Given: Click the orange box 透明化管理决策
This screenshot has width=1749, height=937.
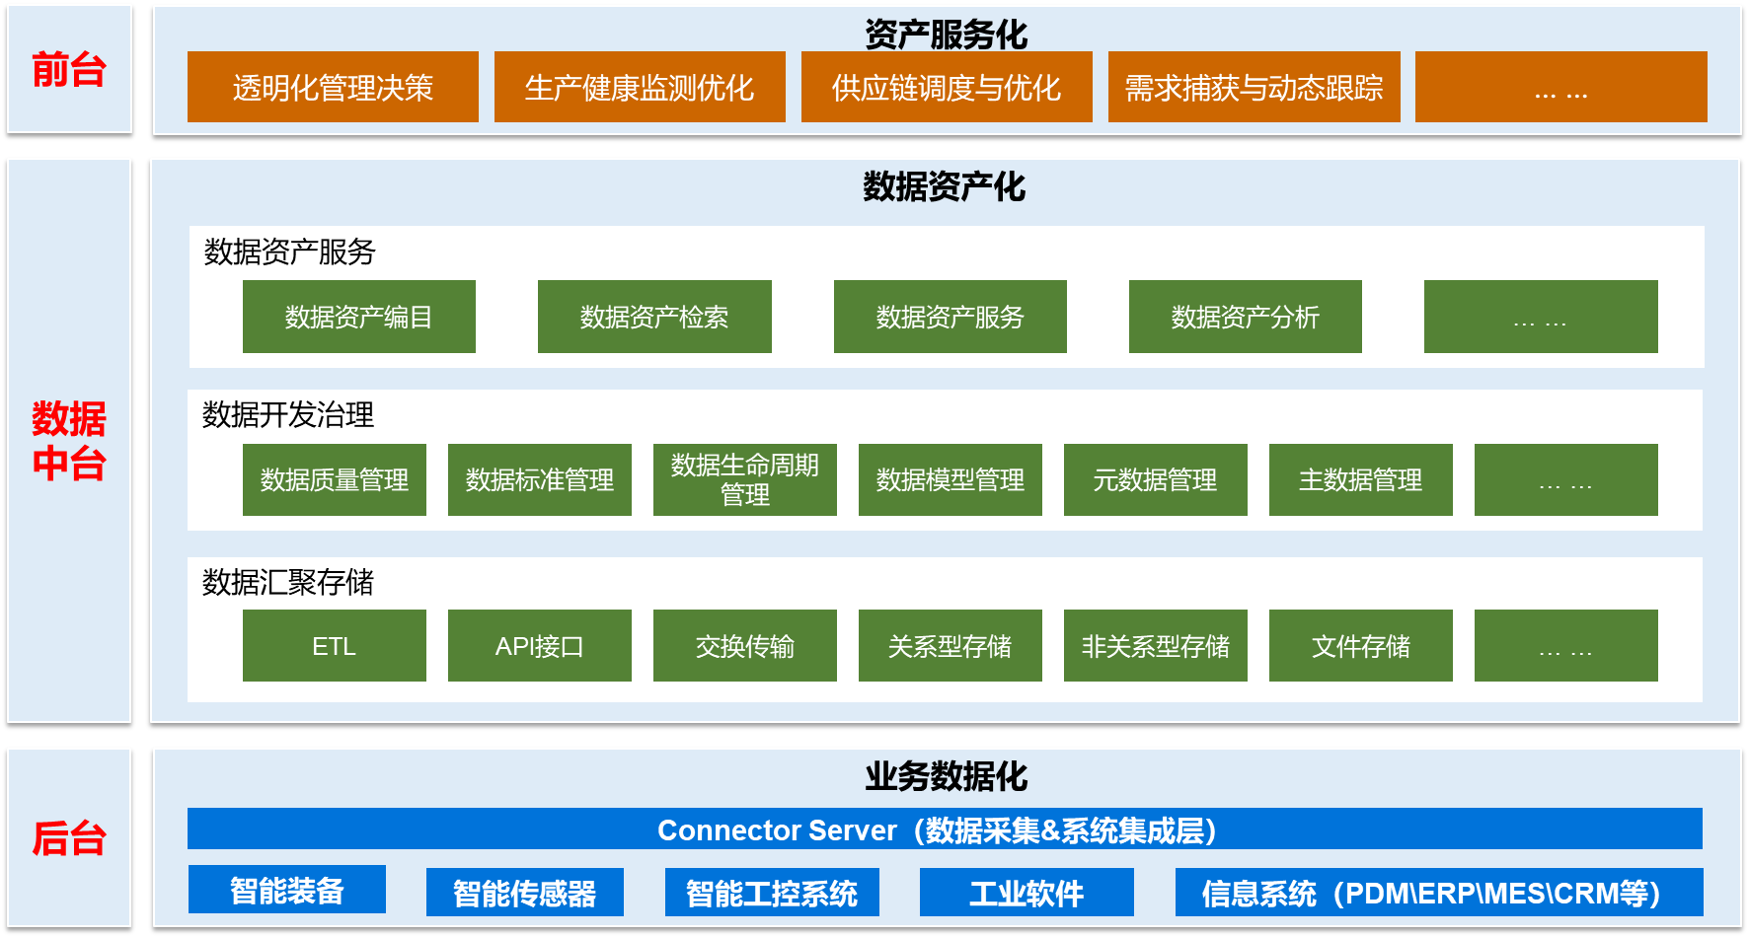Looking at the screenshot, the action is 333,87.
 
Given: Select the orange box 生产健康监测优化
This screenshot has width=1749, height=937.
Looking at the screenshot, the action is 640,87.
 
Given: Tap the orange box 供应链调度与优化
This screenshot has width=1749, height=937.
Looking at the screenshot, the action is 947,87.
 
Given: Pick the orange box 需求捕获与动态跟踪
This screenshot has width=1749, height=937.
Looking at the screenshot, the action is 1254,87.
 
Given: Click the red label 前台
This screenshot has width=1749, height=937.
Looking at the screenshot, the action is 69,70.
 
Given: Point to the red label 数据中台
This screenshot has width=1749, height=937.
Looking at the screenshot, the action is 69,441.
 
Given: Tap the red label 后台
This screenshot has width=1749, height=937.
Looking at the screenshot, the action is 69,838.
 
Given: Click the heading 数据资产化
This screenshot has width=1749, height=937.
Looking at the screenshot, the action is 945,186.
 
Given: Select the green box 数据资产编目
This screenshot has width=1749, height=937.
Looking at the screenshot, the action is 359,317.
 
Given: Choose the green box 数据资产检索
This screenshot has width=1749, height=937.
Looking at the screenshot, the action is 654,317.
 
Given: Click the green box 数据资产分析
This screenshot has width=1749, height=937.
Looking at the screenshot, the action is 1246,317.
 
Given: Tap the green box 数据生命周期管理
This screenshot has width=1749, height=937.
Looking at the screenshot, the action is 745,479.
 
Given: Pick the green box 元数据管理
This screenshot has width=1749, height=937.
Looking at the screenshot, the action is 1156,479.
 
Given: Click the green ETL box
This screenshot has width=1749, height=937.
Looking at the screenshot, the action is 335,646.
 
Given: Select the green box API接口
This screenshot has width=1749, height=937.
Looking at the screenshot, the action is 540,646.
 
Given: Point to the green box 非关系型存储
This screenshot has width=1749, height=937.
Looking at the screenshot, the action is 1156,646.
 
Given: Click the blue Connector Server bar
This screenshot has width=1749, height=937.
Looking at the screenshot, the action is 945,829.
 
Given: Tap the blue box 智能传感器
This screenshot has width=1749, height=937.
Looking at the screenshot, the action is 525,893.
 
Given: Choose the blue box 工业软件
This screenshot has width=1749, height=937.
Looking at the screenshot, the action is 1027,893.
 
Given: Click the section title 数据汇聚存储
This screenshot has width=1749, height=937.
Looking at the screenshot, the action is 288,582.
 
